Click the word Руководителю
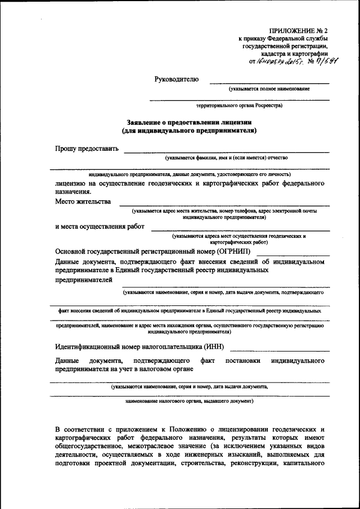click(177, 79)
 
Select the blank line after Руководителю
click(269, 83)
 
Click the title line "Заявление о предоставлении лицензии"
click(189, 121)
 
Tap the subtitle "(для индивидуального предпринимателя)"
click(189, 130)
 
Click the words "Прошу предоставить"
click(87, 149)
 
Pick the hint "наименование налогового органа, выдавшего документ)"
click(189, 402)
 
